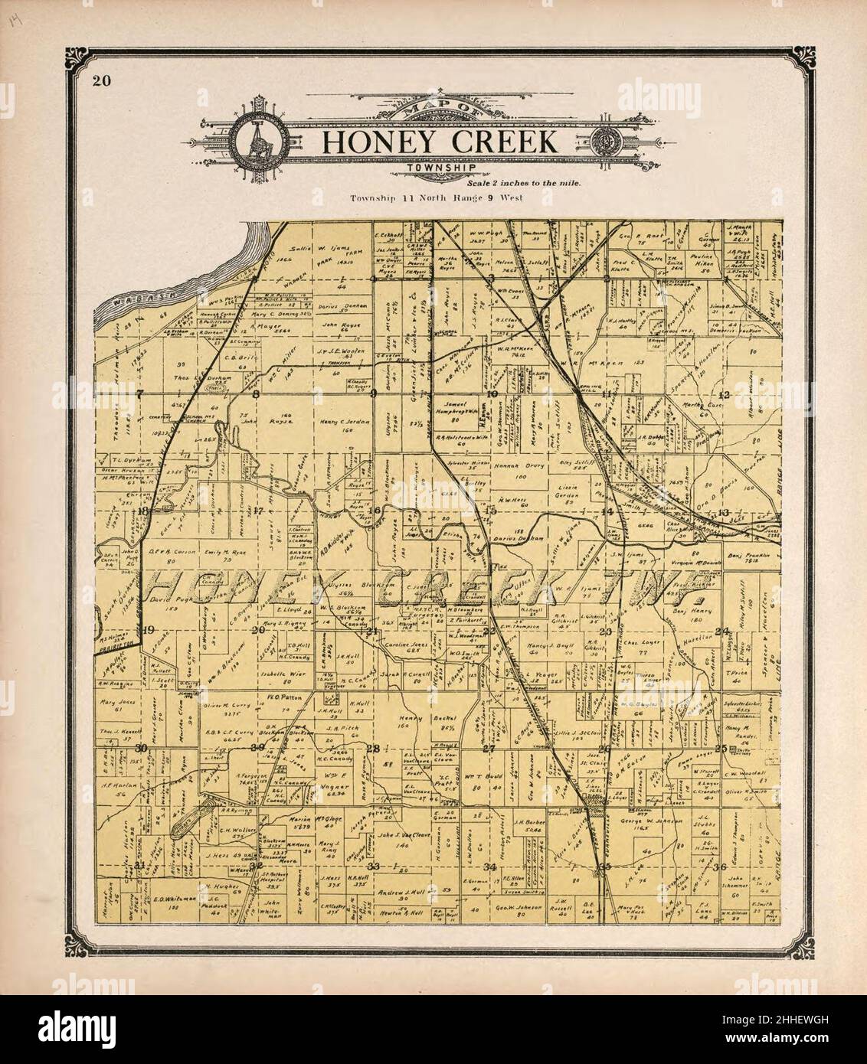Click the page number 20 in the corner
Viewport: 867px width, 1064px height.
click(100, 82)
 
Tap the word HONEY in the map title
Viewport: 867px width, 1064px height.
click(374, 142)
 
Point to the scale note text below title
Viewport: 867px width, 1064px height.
click(523, 183)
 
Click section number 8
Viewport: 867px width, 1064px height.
click(257, 395)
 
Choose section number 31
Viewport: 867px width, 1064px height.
click(140, 864)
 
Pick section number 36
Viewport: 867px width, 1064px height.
click(718, 867)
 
